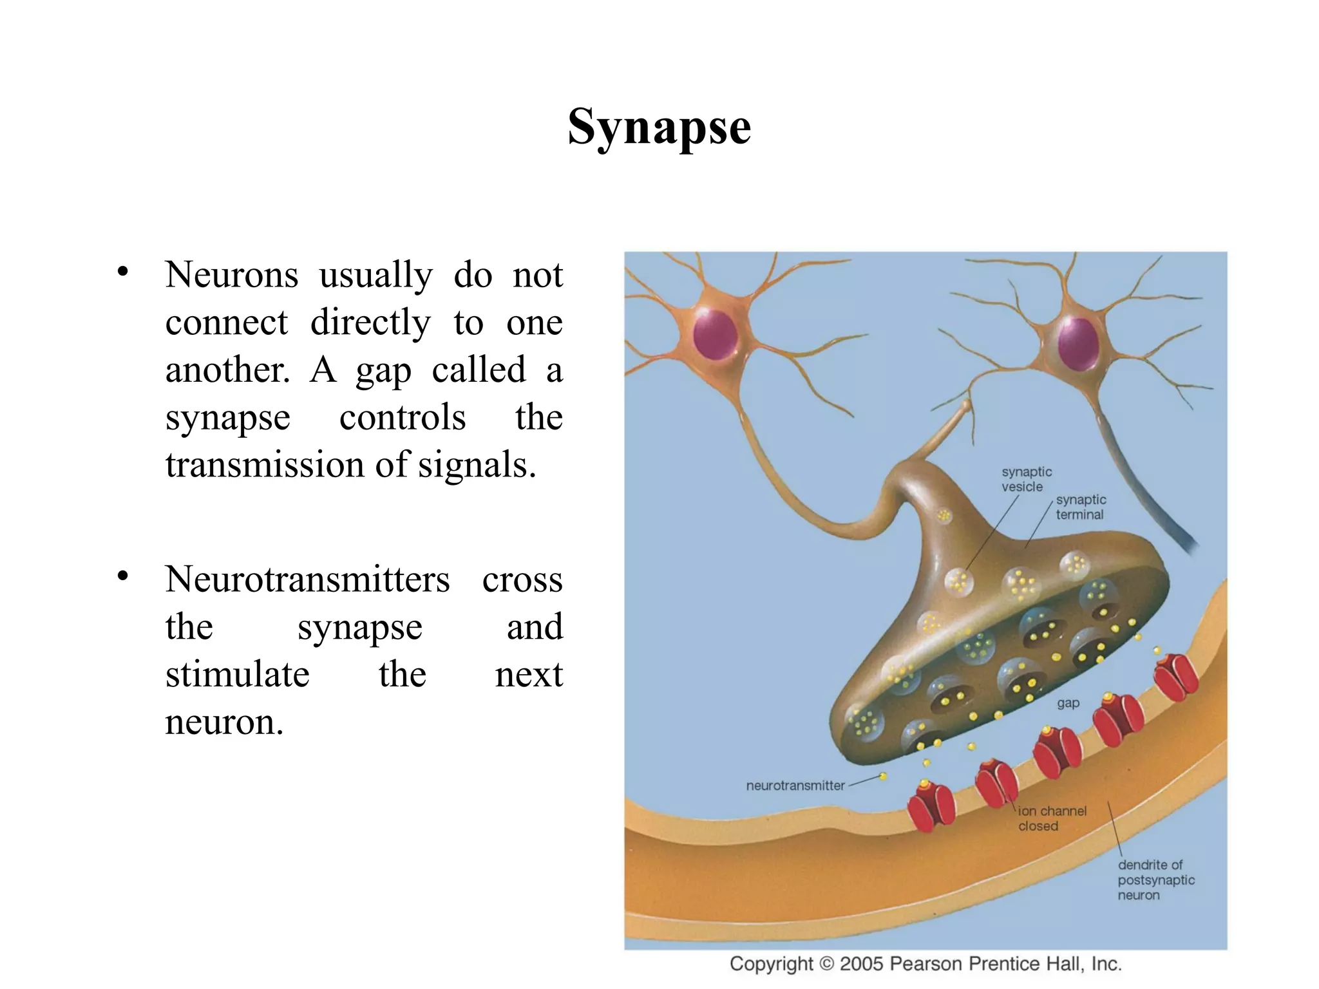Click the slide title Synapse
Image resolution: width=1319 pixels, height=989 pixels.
pos(659,127)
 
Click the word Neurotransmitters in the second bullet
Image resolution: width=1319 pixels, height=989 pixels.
pos(307,579)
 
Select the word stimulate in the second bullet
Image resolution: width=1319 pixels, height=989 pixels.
pos(237,674)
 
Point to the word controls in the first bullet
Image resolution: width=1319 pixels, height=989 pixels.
pos(402,417)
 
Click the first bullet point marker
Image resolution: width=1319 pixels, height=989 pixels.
pos(123,272)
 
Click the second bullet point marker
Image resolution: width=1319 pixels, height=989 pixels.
pos(123,576)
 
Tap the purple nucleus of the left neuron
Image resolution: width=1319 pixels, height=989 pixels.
pos(715,335)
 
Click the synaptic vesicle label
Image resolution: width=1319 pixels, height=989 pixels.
pos(1026,480)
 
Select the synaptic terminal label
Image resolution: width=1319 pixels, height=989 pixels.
pos(1081,507)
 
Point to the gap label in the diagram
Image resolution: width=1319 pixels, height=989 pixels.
pos(1068,703)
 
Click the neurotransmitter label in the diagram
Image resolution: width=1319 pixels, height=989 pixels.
pos(795,786)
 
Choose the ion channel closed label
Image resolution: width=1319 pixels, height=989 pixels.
pos(1051,818)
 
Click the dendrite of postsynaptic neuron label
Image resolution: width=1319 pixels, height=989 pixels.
pos(1155,880)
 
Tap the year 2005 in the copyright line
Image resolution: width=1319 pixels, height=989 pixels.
pos(862,964)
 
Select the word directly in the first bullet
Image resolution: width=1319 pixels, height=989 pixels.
pos(370,323)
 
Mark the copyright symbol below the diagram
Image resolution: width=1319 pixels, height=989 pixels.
pos(826,964)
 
